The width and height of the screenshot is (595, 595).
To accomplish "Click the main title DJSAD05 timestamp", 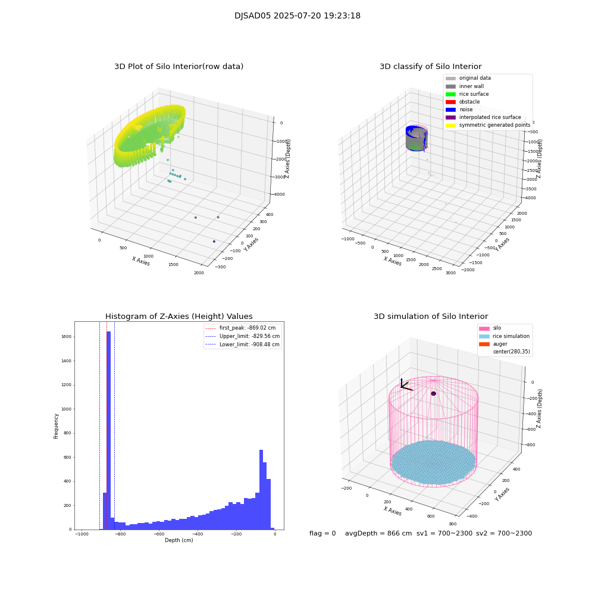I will (297, 16).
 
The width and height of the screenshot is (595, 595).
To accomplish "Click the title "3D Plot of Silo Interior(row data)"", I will (178, 67).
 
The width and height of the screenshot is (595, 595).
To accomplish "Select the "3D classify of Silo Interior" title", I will (430, 67).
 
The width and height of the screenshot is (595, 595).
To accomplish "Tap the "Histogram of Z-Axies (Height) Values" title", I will (178, 317).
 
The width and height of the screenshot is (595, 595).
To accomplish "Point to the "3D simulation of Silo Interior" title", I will (430, 317).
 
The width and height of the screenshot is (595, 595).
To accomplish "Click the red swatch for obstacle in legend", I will (450, 102).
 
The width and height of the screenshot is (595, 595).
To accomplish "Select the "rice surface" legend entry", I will (474, 94).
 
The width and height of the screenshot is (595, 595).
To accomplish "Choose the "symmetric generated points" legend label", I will (494, 125).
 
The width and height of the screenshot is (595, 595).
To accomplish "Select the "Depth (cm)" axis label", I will (178, 540).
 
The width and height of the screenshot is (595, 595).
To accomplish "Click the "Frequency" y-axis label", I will (57, 426).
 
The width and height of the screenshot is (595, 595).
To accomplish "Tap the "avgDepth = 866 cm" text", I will (378, 534).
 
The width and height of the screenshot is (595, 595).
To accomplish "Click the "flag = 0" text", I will (322, 534).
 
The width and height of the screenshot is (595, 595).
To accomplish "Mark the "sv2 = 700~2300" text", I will (503, 534).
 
